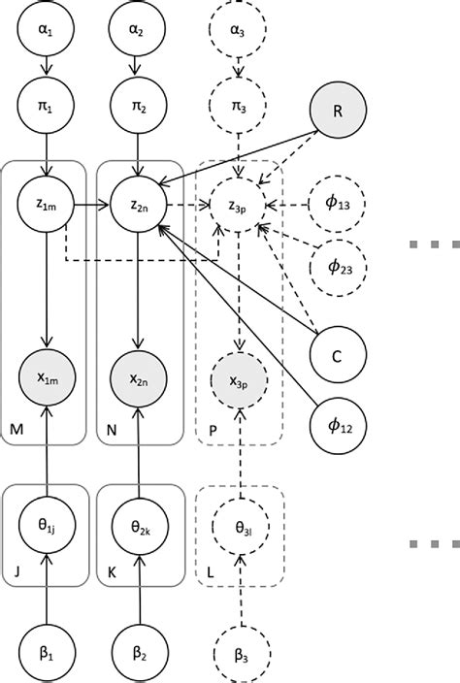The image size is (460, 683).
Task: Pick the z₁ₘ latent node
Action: (42, 206)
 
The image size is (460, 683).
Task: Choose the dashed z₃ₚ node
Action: (238, 206)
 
